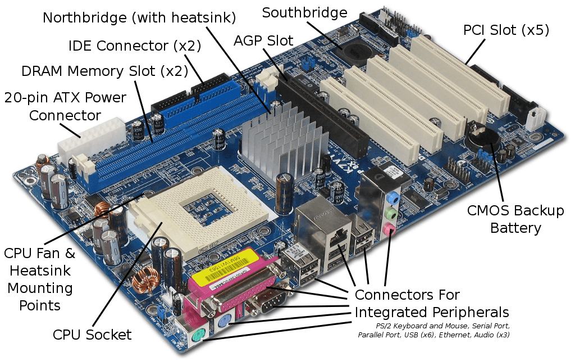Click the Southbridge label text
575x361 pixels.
[x=304, y=12]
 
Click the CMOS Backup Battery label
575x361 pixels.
[x=515, y=219]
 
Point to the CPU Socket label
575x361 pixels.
[x=92, y=335]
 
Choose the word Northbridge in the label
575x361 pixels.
[x=84, y=17]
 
